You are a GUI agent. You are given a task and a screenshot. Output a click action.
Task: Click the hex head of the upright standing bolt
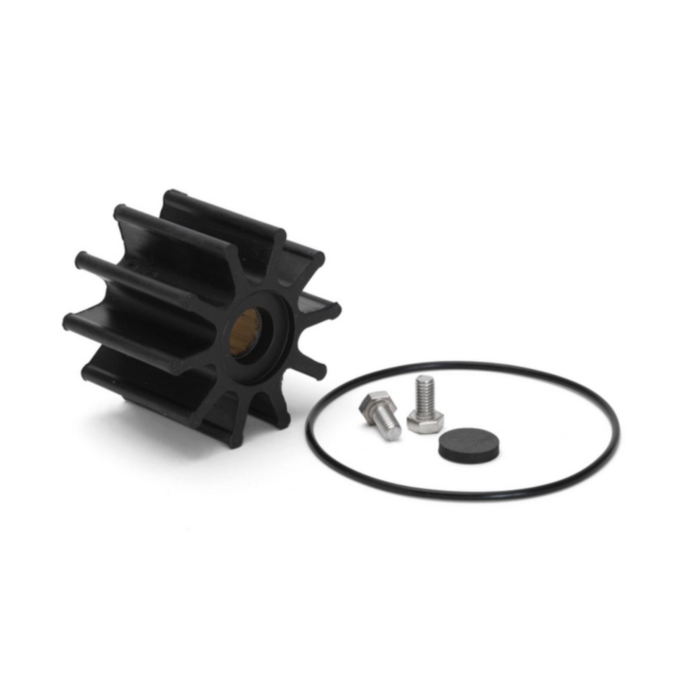coord(425,423)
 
